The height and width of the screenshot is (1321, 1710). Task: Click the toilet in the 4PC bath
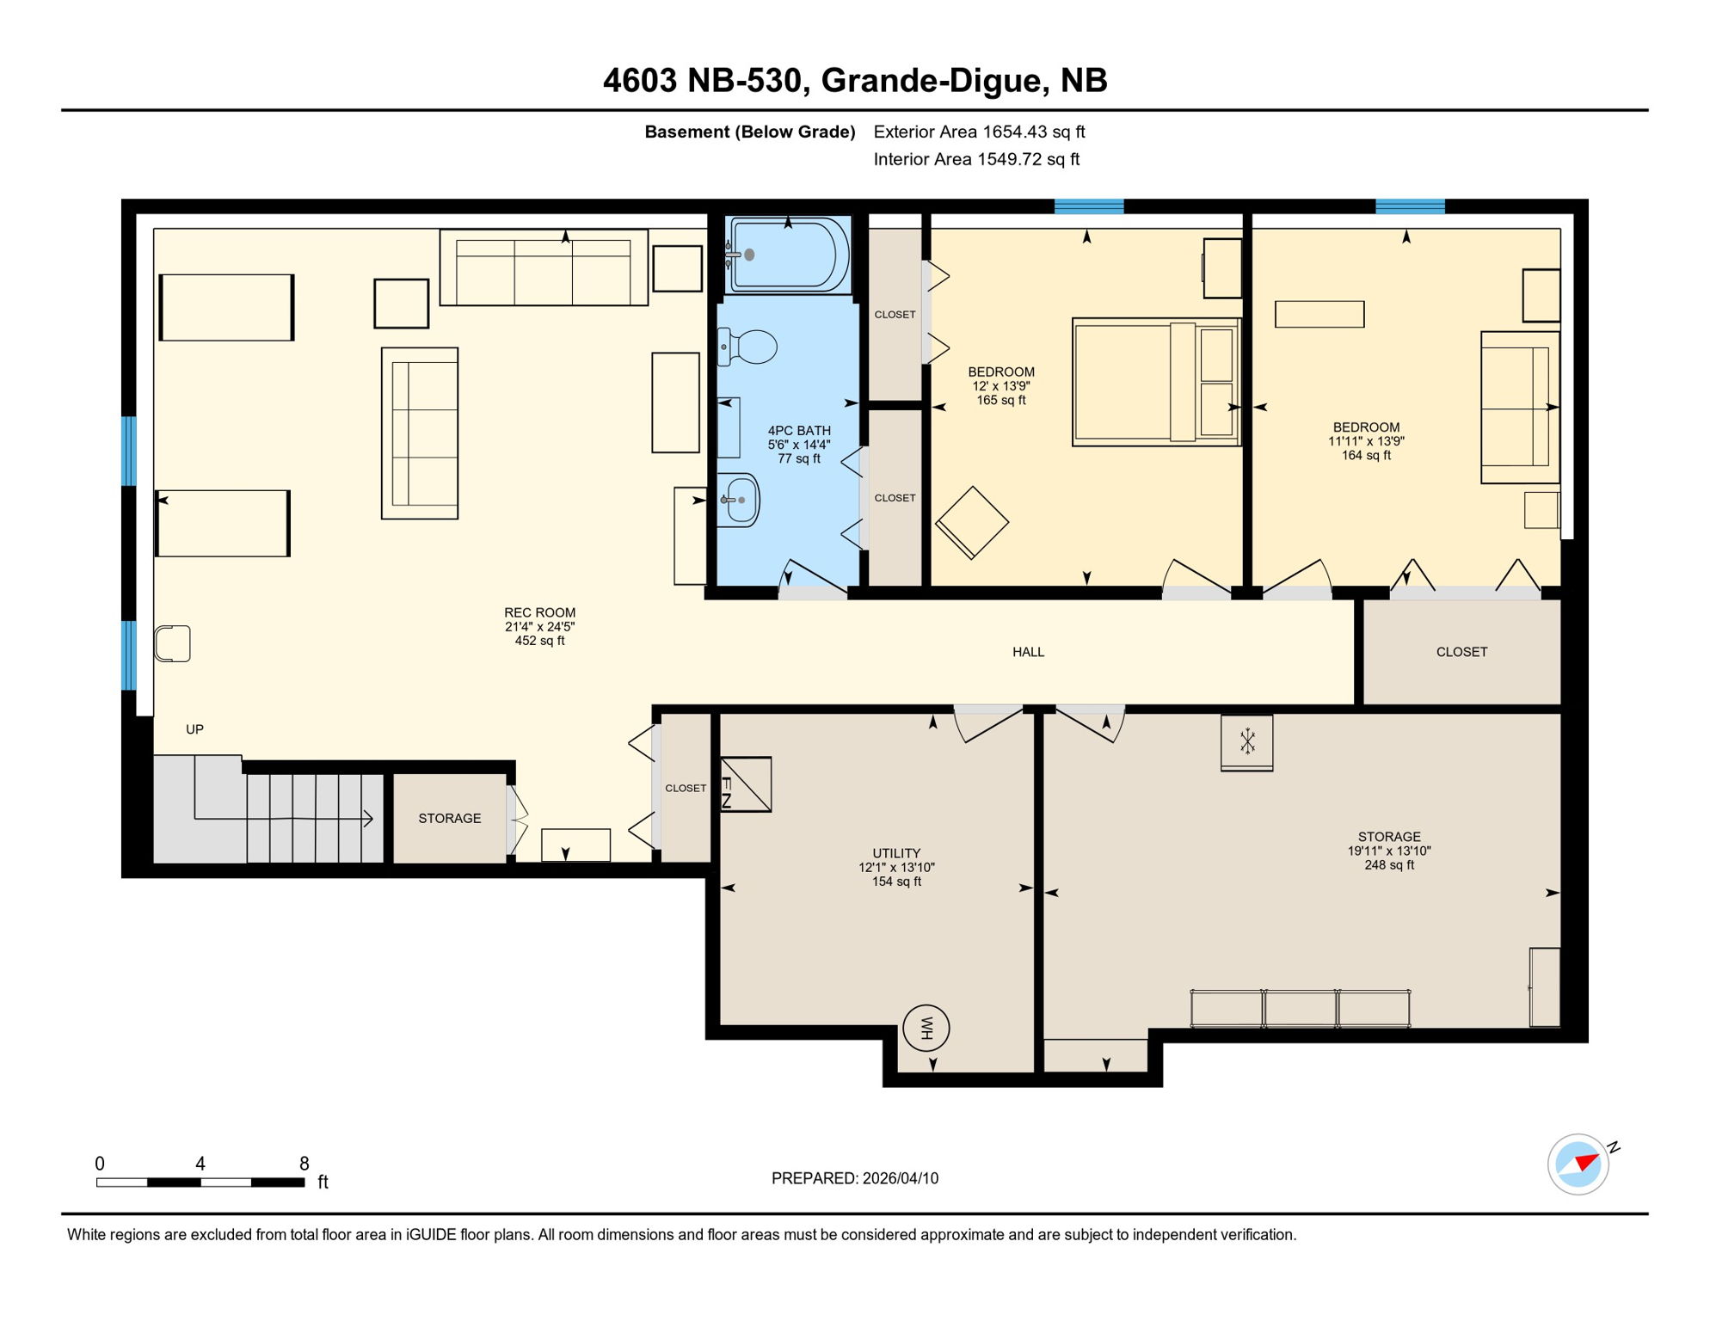[x=749, y=347]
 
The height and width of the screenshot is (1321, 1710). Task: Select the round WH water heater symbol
[x=926, y=1028]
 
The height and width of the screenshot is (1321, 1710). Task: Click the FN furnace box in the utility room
[x=745, y=784]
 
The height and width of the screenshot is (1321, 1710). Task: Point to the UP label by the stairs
[x=195, y=729]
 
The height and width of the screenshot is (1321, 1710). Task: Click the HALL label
[x=1028, y=652]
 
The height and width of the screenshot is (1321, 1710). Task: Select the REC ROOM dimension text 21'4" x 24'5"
[x=539, y=627]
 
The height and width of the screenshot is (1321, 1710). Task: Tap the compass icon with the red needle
[x=1578, y=1164]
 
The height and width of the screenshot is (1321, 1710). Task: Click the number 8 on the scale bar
[x=304, y=1164]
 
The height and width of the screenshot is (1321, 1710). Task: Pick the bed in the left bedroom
[x=1155, y=382]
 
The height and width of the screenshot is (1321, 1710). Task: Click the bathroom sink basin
[x=740, y=500]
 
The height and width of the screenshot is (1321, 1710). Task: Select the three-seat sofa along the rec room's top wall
[x=544, y=267]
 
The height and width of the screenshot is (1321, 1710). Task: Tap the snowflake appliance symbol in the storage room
[x=1247, y=741]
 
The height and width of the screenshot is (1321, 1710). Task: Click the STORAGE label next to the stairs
[x=450, y=818]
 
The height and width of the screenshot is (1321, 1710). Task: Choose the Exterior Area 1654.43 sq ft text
[x=979, y=132]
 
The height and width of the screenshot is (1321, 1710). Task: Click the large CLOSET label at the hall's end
[x=1461, y=652]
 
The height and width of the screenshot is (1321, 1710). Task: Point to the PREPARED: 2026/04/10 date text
[x=855, y=1178]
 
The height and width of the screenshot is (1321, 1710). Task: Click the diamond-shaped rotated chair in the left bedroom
[x=972, y=523]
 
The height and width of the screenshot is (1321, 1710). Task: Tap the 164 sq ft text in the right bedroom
[x=1366, y=455]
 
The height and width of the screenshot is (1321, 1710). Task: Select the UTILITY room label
[x=896, y=853]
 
